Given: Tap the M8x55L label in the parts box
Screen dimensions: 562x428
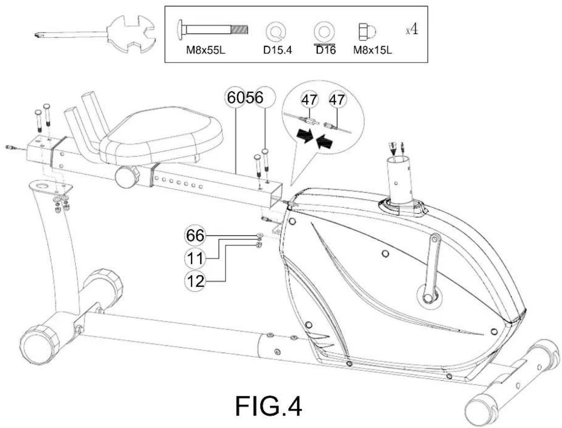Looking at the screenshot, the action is (205, 50).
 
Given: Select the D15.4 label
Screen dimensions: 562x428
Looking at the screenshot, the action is (277, 50).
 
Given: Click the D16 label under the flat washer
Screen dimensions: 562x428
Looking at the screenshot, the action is (325, 50).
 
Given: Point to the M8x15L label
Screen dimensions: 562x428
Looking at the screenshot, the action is (372, 50).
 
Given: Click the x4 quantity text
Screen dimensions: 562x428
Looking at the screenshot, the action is (412, 29).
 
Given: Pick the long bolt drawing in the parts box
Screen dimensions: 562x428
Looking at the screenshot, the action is (212, 30).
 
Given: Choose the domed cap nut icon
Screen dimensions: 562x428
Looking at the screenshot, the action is (367, 32).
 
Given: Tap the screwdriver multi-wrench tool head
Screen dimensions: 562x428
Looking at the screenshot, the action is (131, 34).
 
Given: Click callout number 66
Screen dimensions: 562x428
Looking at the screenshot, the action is (195, 235).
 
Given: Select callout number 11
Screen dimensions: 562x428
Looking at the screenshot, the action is (195, 258).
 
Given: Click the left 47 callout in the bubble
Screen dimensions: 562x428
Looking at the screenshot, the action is (310, 100).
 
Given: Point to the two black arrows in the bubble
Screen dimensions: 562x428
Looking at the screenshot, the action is (315, 138).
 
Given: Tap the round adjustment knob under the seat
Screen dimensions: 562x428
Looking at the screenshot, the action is (127, 177).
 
